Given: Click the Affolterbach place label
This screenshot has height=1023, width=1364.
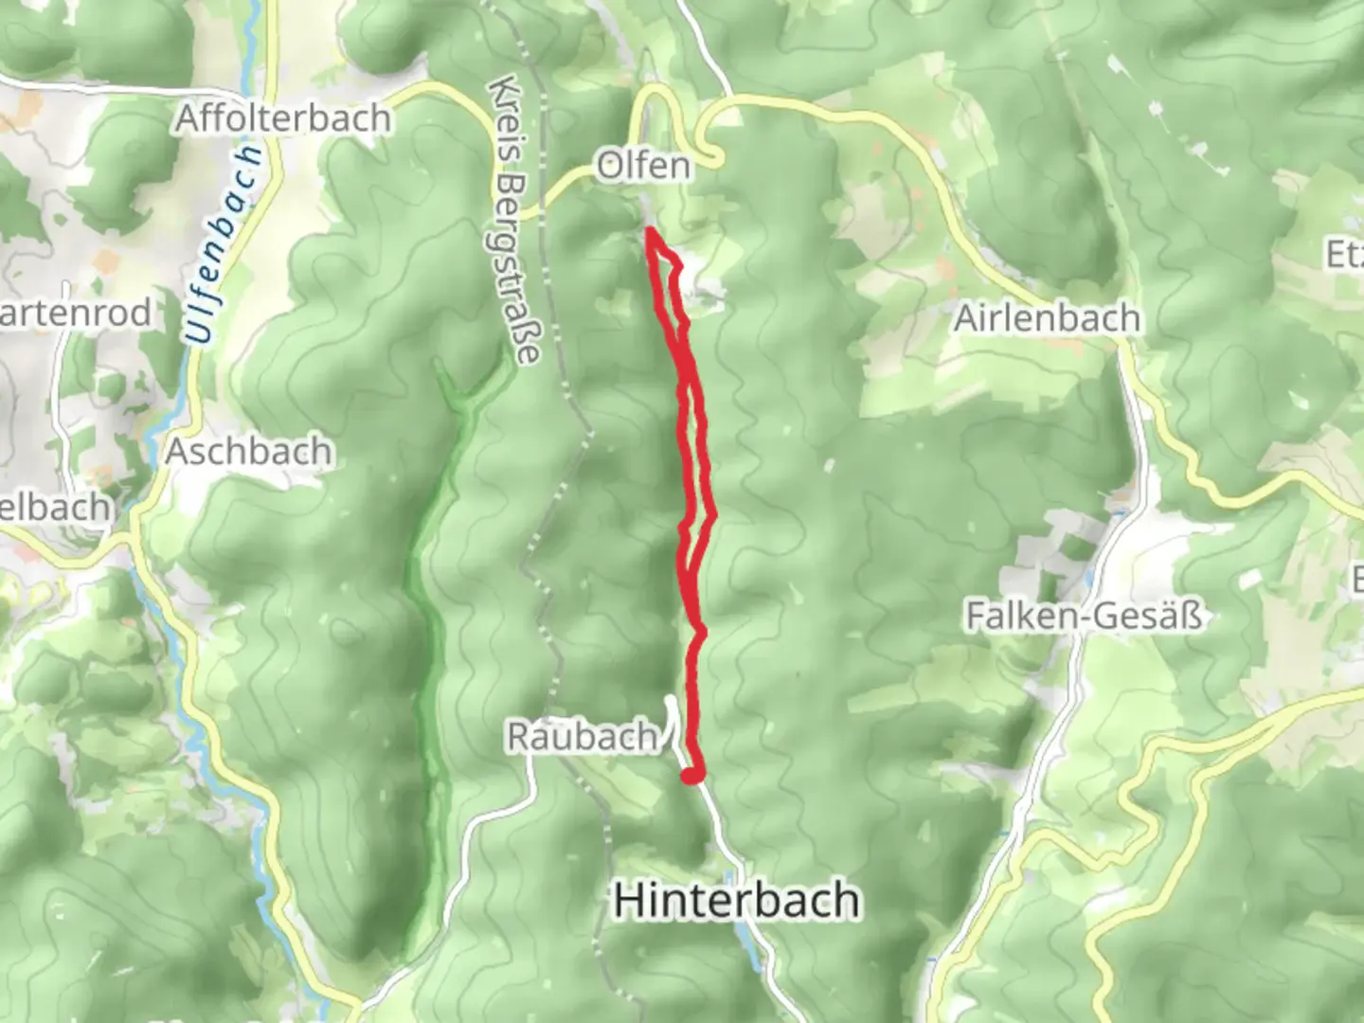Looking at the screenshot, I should [x=283, y=118].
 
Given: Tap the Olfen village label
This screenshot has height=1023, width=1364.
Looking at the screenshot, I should [x=643, y=166].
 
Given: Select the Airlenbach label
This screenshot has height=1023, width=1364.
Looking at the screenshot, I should [x=1047, y=318].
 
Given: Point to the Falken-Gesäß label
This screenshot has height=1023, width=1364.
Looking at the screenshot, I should [x=1084, y=617].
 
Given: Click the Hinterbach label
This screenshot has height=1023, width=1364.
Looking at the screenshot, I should [x=737, y=900].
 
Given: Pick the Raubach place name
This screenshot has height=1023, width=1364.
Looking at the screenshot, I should [x=582, y=736].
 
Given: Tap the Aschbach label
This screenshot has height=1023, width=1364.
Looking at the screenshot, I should [x=249, y=451].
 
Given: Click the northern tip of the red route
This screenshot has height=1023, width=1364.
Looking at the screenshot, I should [x=651, y=230].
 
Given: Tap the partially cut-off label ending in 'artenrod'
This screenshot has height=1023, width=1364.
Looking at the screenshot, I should [x=75, y=313].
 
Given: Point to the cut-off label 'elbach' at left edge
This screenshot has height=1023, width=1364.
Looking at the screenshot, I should [x=55, y=508].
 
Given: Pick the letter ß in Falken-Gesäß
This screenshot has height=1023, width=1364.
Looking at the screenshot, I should [x=1191, y=617].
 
